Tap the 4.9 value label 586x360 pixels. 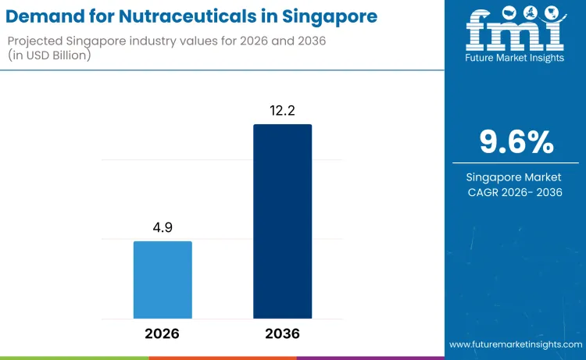163,228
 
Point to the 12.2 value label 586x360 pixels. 282,111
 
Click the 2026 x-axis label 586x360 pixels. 162,333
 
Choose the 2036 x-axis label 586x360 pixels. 282,333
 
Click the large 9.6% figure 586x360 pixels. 516,142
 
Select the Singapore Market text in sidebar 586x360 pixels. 513,177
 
